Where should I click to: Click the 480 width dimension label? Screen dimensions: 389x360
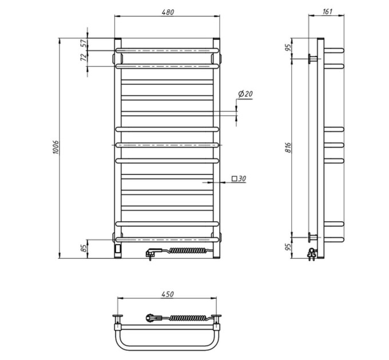pyautogui.click(x=168, y=12)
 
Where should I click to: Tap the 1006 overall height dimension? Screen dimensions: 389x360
pyautogui.click(x=56, y=147)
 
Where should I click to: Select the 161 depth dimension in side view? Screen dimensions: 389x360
pyautogui.click(x=327, y=11)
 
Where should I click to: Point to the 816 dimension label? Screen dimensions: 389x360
pyautogui.click(x=288, y=147)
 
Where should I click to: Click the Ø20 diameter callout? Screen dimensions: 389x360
pyautogui.click(x=245, y=94)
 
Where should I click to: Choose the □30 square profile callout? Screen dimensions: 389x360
pyautogui.click(x=239, y=178)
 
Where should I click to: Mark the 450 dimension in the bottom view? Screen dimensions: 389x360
pyautogui.click(x=168, y=294)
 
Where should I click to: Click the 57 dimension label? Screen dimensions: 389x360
pyautogui.click(x=84, y=43)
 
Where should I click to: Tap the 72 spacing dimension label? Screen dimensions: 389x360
pyautogui.click(x=84, y=57)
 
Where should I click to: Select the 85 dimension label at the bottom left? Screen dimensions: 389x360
pyautogui.click(x=84, y=248)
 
